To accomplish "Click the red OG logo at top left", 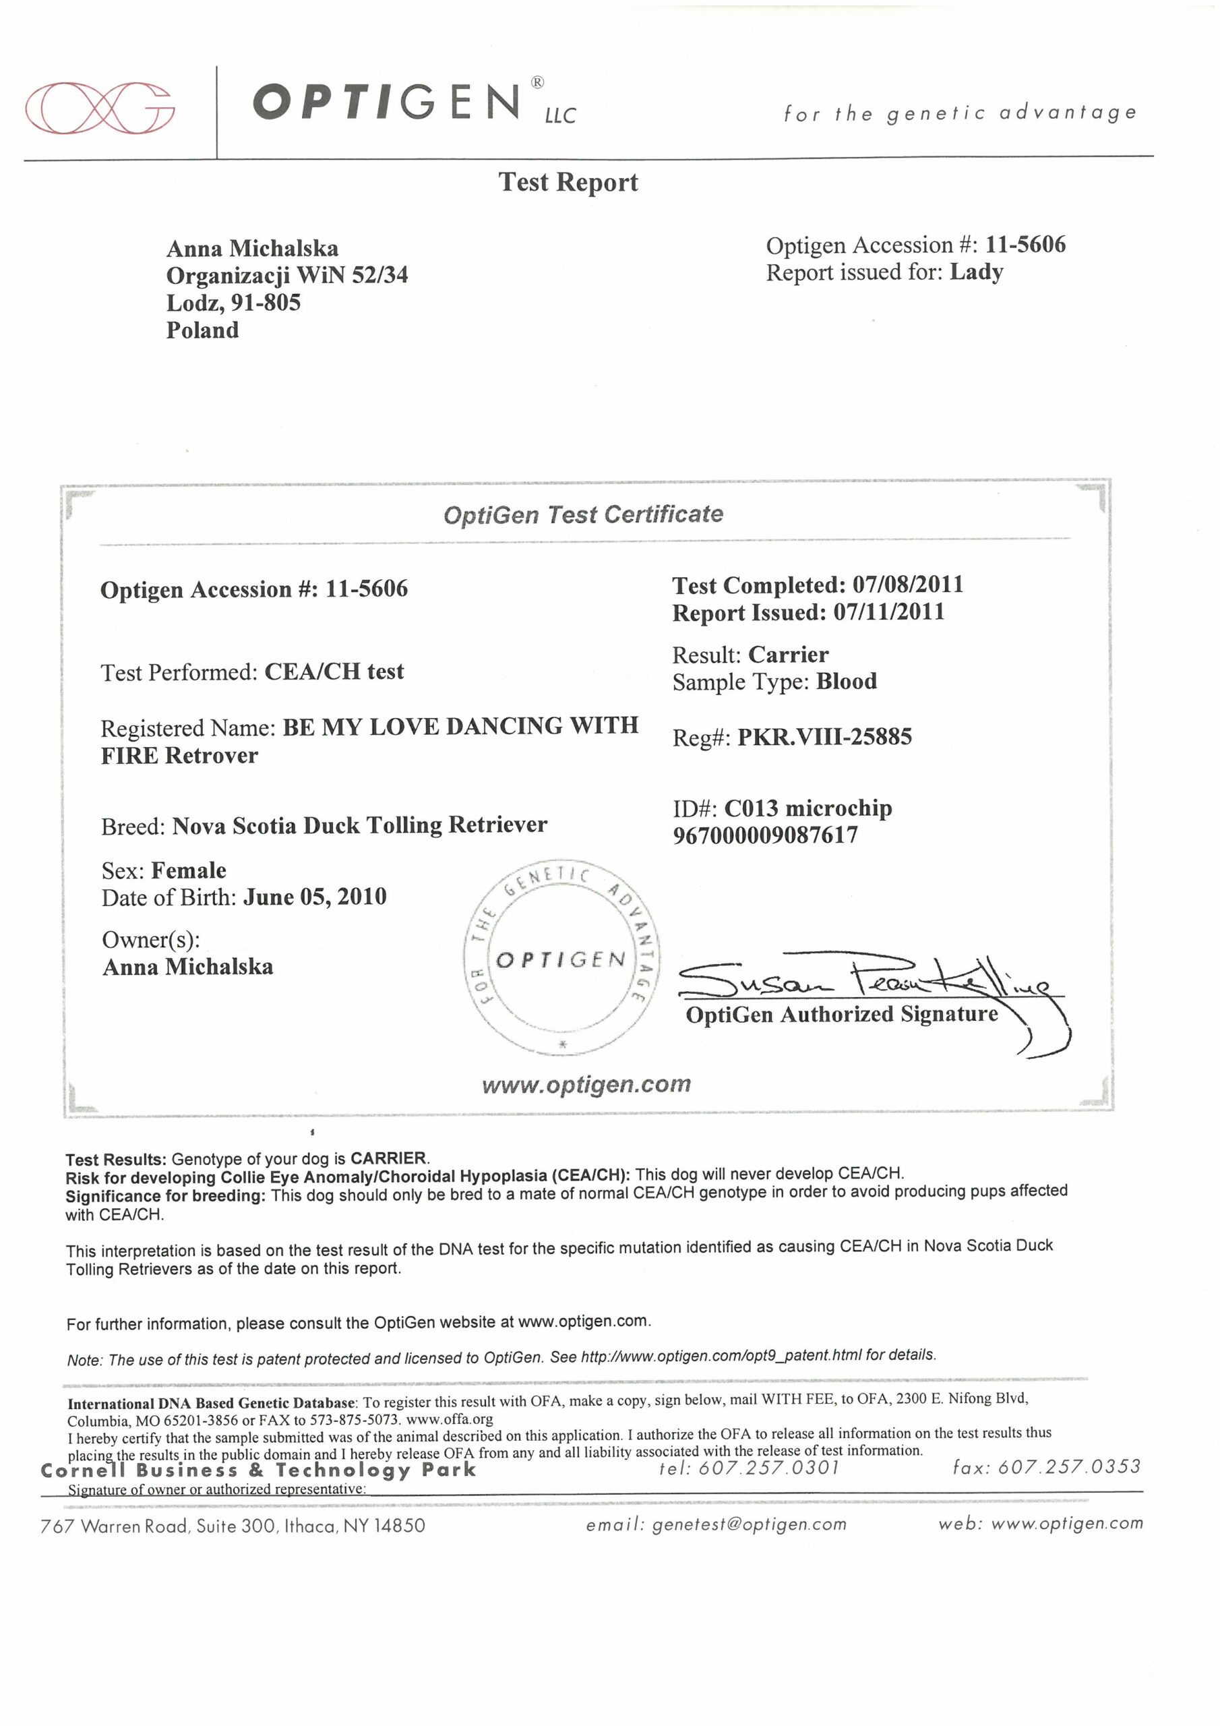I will [x=99, y=107].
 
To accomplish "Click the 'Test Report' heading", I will [x=568, y=183].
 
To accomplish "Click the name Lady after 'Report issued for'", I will [x=976, y=272].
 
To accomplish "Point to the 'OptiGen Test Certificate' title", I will [x=582, y=515].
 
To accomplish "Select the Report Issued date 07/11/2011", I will [x=888, y=612].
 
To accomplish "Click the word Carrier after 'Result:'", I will [x=788, y=655].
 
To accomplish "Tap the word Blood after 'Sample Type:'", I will [x=847, y=682].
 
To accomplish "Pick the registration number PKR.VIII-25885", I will [x=824, y=737].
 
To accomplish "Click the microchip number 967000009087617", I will [x=765, y=835].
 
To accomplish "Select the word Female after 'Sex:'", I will [x=189, y=870].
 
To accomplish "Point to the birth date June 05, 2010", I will [x=315, y=897].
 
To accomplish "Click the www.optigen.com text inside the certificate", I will [x=586, y=1085].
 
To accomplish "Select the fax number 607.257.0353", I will [x=1069, y=1466].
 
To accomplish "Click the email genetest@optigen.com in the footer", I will [x=750, y=1524].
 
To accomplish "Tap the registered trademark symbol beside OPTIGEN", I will [x=537, y=83].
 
